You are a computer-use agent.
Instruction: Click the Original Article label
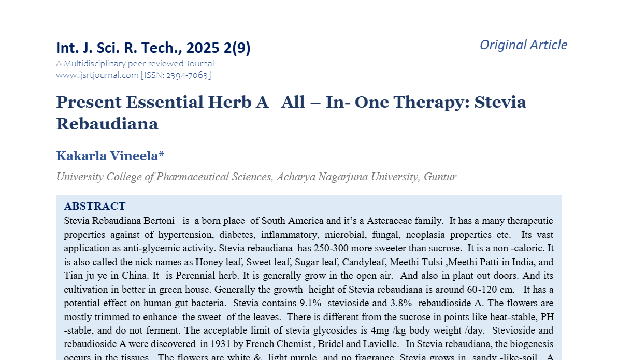click(523, 45)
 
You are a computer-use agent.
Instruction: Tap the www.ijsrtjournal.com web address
click(97, 75)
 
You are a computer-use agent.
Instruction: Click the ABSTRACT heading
click(94, 206)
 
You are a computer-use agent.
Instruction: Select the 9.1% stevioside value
click(310, 303)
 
